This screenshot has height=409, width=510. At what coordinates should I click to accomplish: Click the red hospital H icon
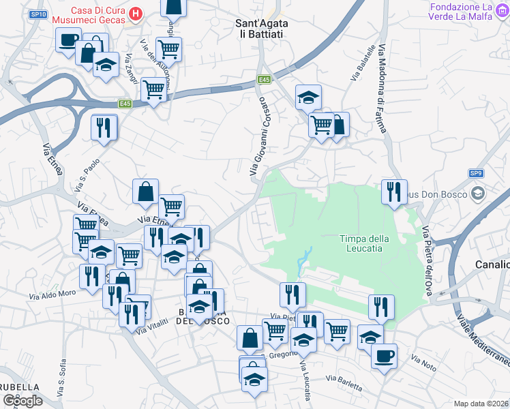(136, 14)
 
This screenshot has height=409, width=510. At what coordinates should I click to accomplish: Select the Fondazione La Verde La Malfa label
(469, 12)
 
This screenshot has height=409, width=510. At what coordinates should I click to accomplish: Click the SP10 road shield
(38, 14)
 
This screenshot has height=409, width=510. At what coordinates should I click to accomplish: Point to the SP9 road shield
(476, 174)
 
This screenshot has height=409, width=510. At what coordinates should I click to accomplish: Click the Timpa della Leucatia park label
(364, 243)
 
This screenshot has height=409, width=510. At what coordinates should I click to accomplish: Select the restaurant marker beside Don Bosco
(394, 192)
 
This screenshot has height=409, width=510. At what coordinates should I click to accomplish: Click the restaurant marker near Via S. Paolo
(104, 127)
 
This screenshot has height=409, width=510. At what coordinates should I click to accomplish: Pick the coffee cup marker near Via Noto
(384, 355)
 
